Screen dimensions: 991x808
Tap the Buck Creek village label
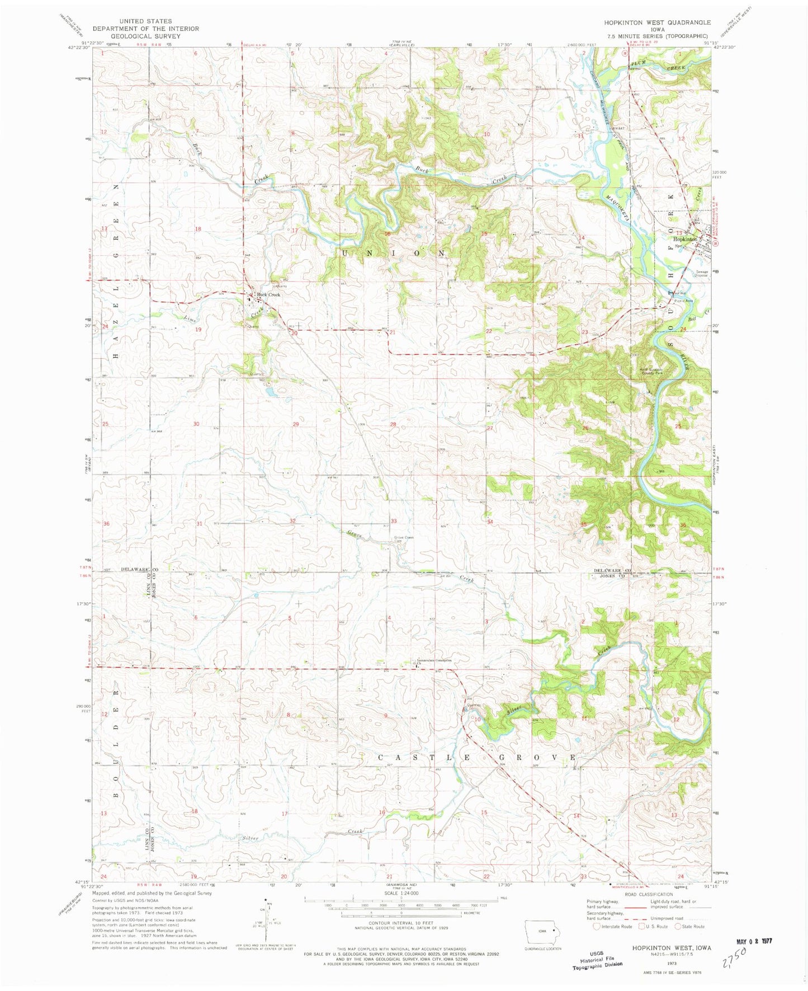268,294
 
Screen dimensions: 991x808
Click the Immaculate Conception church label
432,660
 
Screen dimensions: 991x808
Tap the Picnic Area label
684,300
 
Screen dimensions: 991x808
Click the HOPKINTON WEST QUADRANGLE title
657,22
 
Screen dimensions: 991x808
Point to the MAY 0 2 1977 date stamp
753,941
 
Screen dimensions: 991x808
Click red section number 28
393,424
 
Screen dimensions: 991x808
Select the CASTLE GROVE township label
477,757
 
